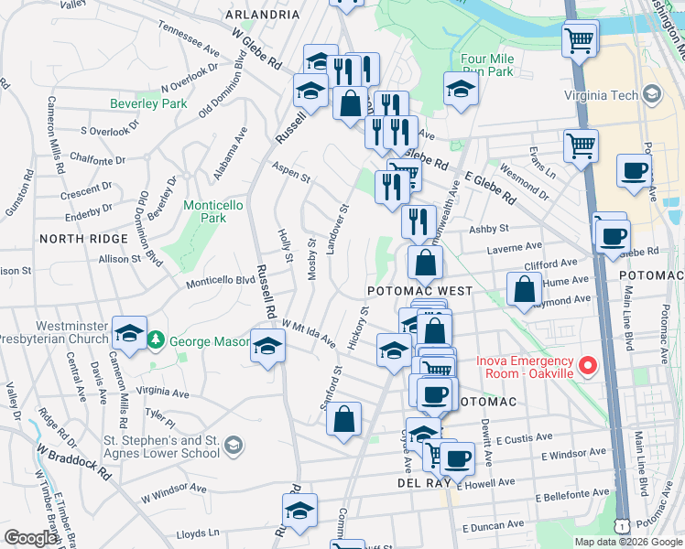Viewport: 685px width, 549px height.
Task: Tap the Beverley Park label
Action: coord(148,104)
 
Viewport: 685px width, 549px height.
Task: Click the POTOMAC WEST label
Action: coord(419,291)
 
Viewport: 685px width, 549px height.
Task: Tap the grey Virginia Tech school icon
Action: coord(651,94)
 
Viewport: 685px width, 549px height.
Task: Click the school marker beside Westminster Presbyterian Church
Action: coord(129,332)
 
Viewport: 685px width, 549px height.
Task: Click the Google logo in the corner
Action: coord(30,538)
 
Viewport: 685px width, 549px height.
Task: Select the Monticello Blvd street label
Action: coord(221,281)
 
